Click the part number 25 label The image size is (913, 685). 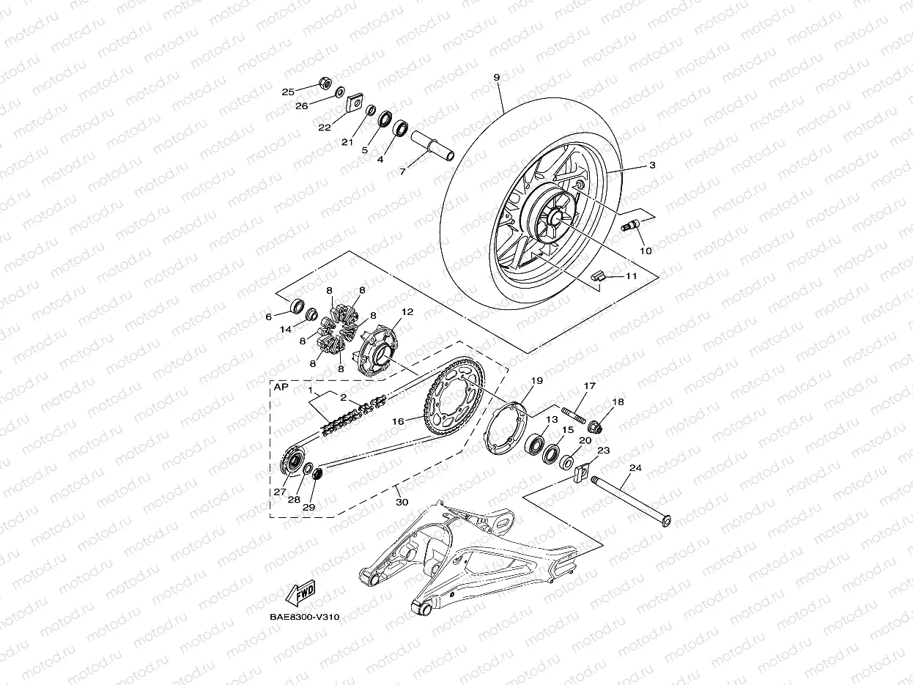(288, 92)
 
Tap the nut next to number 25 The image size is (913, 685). (325, 81)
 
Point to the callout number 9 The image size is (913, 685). (497, 77)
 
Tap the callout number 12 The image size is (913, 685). (407, 311)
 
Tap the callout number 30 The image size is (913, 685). (402, 502)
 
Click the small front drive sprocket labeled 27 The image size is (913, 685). (294, 462)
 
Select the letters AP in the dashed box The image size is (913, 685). (281, 389)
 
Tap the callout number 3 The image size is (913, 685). (651, 166)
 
